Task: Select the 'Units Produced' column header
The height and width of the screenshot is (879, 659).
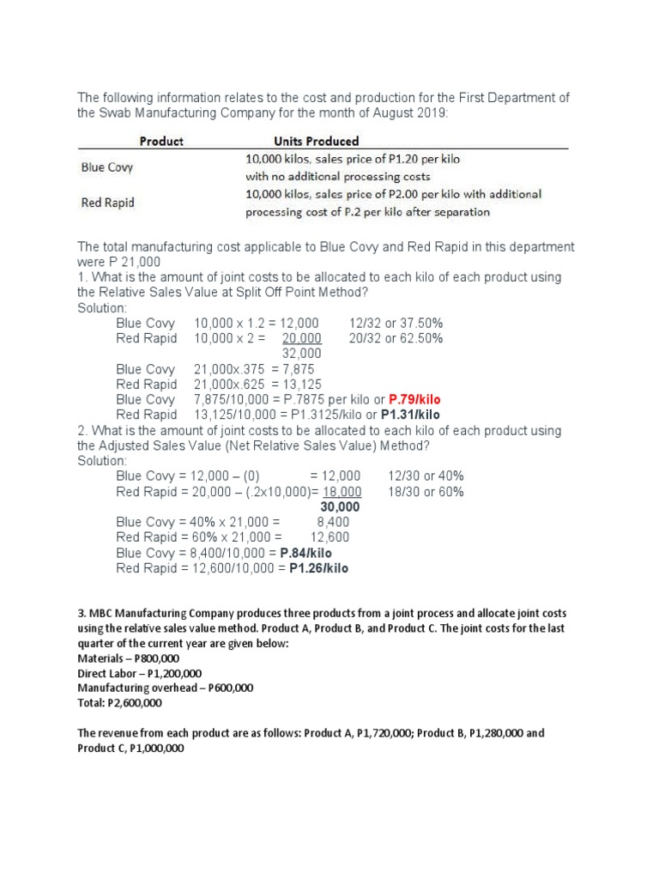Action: tap(316, 141)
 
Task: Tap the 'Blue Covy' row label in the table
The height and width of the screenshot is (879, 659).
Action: tap(106, 167)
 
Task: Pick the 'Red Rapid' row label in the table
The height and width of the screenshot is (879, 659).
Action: tap(106, 203)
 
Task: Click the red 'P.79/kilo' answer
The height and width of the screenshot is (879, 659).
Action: tap(415, 399)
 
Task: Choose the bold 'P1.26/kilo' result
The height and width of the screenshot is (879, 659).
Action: tap(319, 568)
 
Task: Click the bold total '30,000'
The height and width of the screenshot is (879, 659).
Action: tap(340, 506)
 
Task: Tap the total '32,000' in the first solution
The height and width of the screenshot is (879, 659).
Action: tap(301, 353)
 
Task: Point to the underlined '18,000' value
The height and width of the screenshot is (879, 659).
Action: tap(342, 491)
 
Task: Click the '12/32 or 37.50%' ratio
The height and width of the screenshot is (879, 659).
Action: tap(396, 323)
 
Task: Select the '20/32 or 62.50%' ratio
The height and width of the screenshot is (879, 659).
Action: tap(396, 338)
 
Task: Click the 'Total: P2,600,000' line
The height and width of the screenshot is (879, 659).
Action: tap(119, 702)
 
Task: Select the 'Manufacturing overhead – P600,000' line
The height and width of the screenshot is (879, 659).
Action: tap(165, 688)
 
